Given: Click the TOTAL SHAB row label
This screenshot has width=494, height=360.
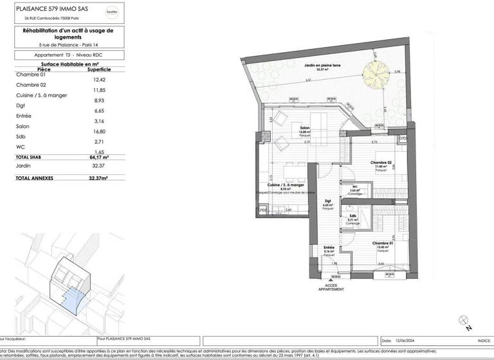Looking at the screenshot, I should tap(30, 157).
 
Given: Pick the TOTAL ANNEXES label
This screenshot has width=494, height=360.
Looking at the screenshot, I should tap(34, 177).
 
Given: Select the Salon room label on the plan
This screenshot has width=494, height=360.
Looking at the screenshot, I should tap(305, 129).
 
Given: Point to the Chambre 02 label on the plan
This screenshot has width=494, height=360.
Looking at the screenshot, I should tap(381, 163).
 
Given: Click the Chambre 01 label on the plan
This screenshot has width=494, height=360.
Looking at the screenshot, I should tap(381, 243).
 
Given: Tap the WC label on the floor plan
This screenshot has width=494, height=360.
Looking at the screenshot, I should tap(354, 188).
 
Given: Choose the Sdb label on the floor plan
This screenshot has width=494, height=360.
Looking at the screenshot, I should tap(352, 216).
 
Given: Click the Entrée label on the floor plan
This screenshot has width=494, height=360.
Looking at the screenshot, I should tap(329, 246).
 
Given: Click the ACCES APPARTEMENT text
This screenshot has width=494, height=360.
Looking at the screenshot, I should tap(331, 288).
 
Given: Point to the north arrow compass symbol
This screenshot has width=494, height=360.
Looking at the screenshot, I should tap(461, 321).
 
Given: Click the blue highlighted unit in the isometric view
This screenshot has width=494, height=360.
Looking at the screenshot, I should tap(72, 298).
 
